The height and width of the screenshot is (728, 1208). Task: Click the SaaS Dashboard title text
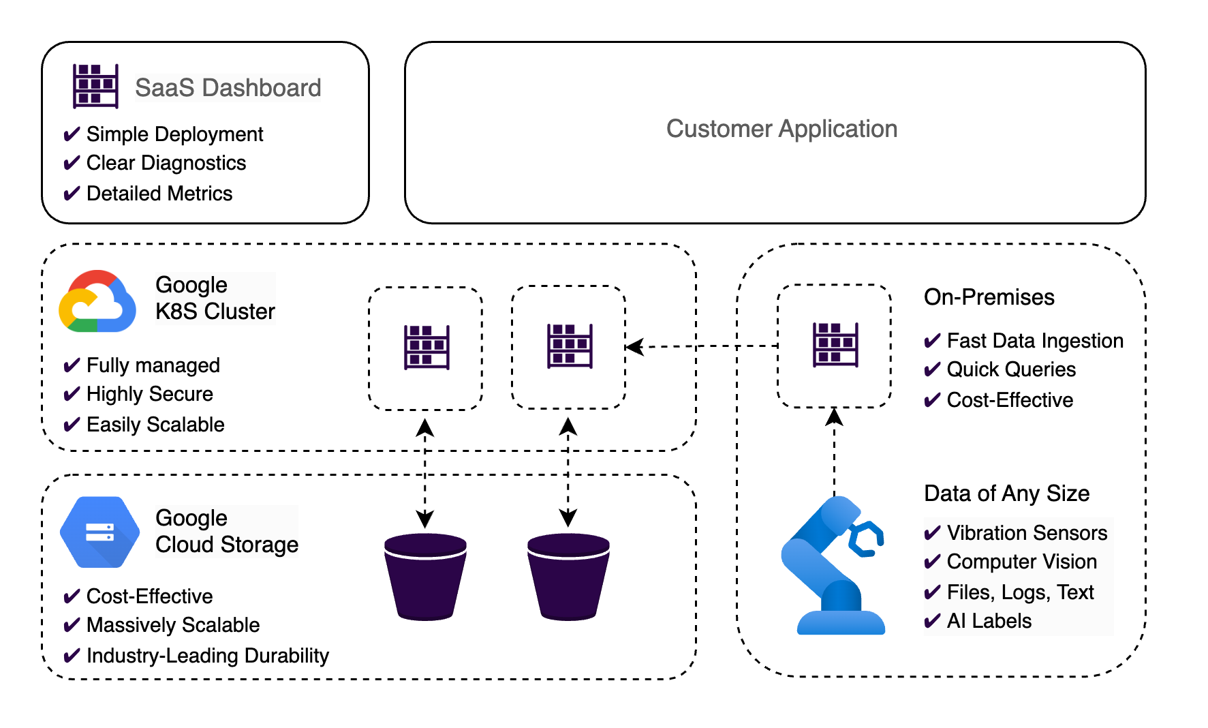pos(228,88)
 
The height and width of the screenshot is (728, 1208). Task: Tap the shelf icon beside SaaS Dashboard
pos(95,86)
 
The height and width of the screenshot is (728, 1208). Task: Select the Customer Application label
pos(781,129)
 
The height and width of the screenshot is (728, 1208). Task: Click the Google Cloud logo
pos(97,302)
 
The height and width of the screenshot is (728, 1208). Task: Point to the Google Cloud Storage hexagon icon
pos(99,532)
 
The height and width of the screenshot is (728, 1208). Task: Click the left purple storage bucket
pos(425,577)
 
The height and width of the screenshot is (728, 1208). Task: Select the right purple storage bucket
pos(568,577)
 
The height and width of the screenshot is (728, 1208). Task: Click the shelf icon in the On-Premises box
pos(835,345)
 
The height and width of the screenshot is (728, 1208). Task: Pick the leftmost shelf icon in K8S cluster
pos(427,347)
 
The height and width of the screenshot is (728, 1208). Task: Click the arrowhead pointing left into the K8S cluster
pos(634,347)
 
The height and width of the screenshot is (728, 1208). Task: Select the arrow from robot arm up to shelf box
pos(835,450)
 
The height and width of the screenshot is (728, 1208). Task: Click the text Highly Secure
pos(149,394)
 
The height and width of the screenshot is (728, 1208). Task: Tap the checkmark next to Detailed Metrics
pos(72,194)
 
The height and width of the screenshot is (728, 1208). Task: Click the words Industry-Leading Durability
pos(208,656)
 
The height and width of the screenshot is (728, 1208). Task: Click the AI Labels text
pos(989,621)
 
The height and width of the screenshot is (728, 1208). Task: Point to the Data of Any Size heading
pos(1006,494)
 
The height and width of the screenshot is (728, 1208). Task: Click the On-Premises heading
pos(989,297)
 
